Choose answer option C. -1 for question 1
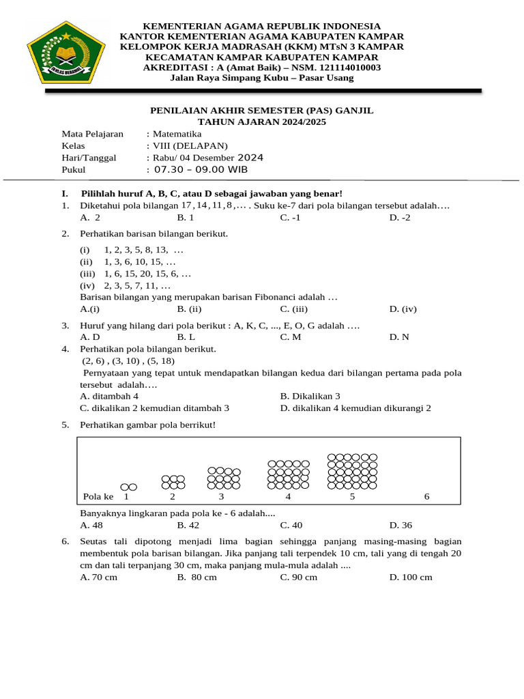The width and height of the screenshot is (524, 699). [x=291, y=218]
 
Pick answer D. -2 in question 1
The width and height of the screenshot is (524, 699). [x=401, y=218]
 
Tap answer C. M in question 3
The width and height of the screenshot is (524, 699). [x=291, y=337]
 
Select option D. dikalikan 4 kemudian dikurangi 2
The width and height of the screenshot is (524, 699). [x=355, y=408]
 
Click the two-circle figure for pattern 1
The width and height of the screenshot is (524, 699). [x=129, y=487]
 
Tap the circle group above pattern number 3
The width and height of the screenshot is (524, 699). [x=224, y=478]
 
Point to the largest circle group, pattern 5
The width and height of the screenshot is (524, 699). [x=352, y=471]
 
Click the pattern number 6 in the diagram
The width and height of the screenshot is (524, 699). [x=426, y=497]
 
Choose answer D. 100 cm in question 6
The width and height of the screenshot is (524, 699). [x=411, y=577]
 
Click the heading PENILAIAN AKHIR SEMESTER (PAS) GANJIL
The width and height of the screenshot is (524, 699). [x=261, y=111]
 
